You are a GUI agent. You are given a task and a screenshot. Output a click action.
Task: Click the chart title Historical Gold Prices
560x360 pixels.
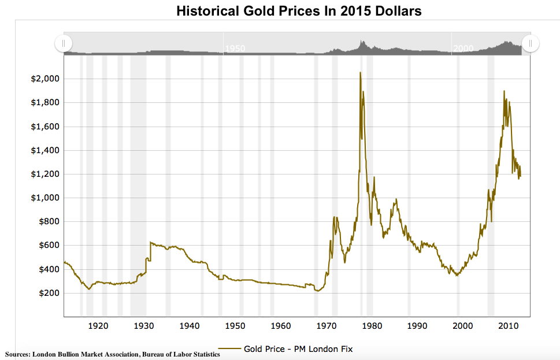click(299, 11)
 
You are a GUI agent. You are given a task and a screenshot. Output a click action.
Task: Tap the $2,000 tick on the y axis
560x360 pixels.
click(44, 79)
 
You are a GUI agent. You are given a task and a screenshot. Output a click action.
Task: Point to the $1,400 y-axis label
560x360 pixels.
click(44, 150)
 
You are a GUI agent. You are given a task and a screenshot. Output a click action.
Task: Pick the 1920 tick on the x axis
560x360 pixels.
click(98, 326)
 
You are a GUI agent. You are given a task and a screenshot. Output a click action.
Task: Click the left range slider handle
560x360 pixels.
click(64, 43)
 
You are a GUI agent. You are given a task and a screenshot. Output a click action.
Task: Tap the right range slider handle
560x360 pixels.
click(531, 43)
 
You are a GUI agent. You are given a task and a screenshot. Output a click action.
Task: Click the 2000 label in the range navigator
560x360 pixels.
click(463, 48)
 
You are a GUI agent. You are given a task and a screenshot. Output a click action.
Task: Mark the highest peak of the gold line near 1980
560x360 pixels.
click(360, 73)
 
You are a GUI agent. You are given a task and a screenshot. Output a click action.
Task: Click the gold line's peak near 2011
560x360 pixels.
click(505, 91)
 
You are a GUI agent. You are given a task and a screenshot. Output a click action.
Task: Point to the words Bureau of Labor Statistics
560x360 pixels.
click(179, 354)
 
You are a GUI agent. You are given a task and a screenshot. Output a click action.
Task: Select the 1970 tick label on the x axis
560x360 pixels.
click(326, 326)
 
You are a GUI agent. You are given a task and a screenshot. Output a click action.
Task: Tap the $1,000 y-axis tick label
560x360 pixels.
click(44, 198)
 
